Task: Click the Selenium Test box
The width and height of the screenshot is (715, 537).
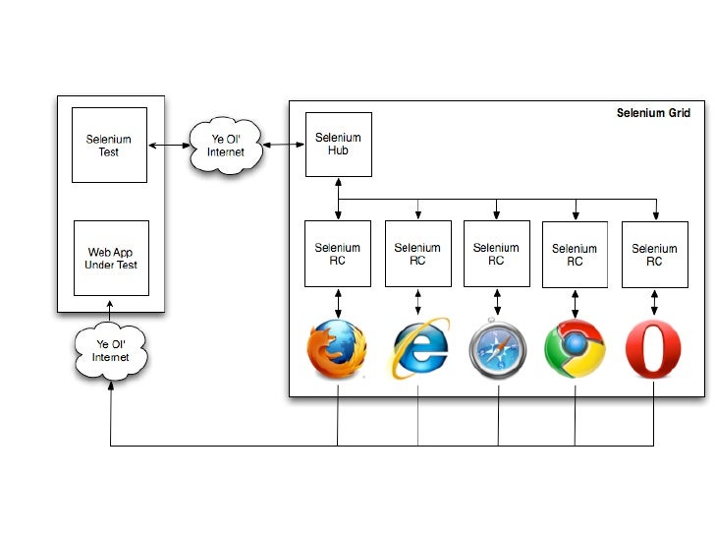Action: [109, 145]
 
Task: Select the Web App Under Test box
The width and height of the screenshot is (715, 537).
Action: [111, 258]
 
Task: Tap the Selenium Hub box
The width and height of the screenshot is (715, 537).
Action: [338, 144]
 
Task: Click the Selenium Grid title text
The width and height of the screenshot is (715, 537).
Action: [653, 113]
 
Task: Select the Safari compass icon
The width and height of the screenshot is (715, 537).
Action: [497, 350]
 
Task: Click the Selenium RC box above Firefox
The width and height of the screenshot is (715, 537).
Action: [338, 254]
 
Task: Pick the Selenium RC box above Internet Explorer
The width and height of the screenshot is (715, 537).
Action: [417, 254]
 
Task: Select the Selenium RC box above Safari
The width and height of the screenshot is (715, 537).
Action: [496, 254]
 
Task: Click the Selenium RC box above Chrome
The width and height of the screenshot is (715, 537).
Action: [575, 255]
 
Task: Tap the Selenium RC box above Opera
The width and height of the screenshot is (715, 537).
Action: [654, 255]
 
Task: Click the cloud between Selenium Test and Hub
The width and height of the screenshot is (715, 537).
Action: [225, 146]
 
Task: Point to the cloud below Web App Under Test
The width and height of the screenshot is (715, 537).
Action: [110, 351]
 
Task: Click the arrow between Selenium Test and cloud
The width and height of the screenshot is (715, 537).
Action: [169, 146]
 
